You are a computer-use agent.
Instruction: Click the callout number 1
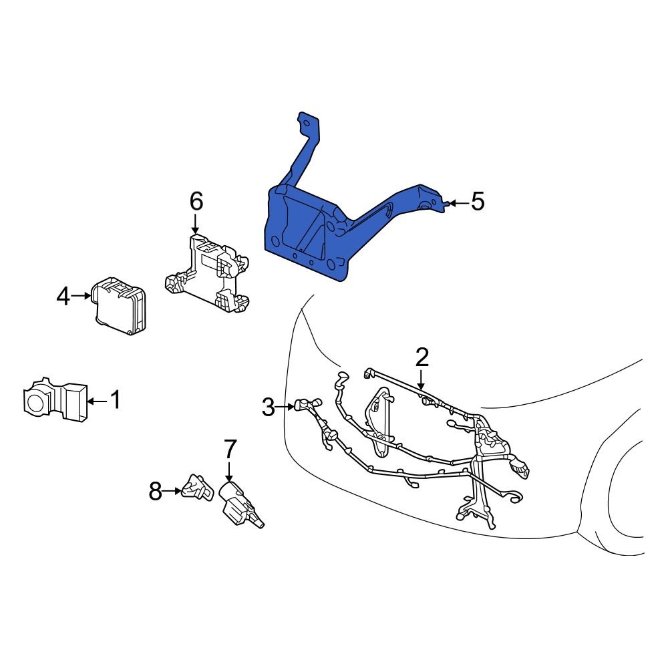point(115,400)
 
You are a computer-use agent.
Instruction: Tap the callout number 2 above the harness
point(422,357)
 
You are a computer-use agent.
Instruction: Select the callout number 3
point(268,406)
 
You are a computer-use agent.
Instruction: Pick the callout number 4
point(63,296)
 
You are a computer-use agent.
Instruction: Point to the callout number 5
point(477,201)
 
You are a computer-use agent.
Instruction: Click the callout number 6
point(196,200)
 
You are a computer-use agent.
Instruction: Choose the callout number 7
point(230,448)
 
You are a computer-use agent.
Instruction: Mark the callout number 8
point(155,492)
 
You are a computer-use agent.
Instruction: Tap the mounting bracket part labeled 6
point(207,274)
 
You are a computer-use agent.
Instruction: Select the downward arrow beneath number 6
point(196,222)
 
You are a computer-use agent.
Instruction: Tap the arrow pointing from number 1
point(96,401)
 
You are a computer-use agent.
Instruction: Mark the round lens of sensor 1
point(34,402)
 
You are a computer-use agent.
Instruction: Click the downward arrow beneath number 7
point(229,470)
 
